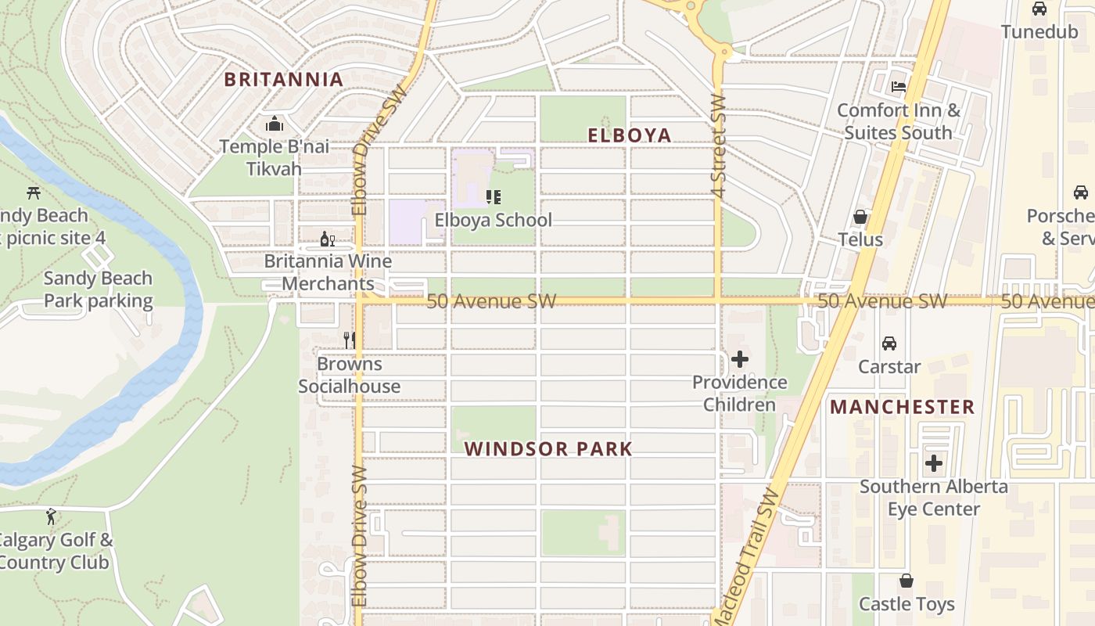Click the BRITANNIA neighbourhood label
pos(283,79)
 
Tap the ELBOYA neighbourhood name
pos(630,135)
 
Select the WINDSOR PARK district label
pos(548,449)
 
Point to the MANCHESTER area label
pos(903,407)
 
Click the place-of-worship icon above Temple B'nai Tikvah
pos(274,124)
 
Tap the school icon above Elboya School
pos(493,196)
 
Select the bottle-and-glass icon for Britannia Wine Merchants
pos(327,239)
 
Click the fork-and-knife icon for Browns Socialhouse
pos(350,340)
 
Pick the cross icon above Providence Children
pos(739,359)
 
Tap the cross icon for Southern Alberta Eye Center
pos(933,463)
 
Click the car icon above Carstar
pos(889,344)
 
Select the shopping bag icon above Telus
pos(860,217)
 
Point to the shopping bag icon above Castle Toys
pos(907,581)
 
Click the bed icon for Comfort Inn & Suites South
pos(899,87)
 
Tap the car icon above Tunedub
pos(1039,9)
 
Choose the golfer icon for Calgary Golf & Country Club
pos(52,516)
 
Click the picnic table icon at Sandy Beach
pos(33,192)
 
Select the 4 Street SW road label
pos(719,146)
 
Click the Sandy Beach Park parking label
pos(98,290)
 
